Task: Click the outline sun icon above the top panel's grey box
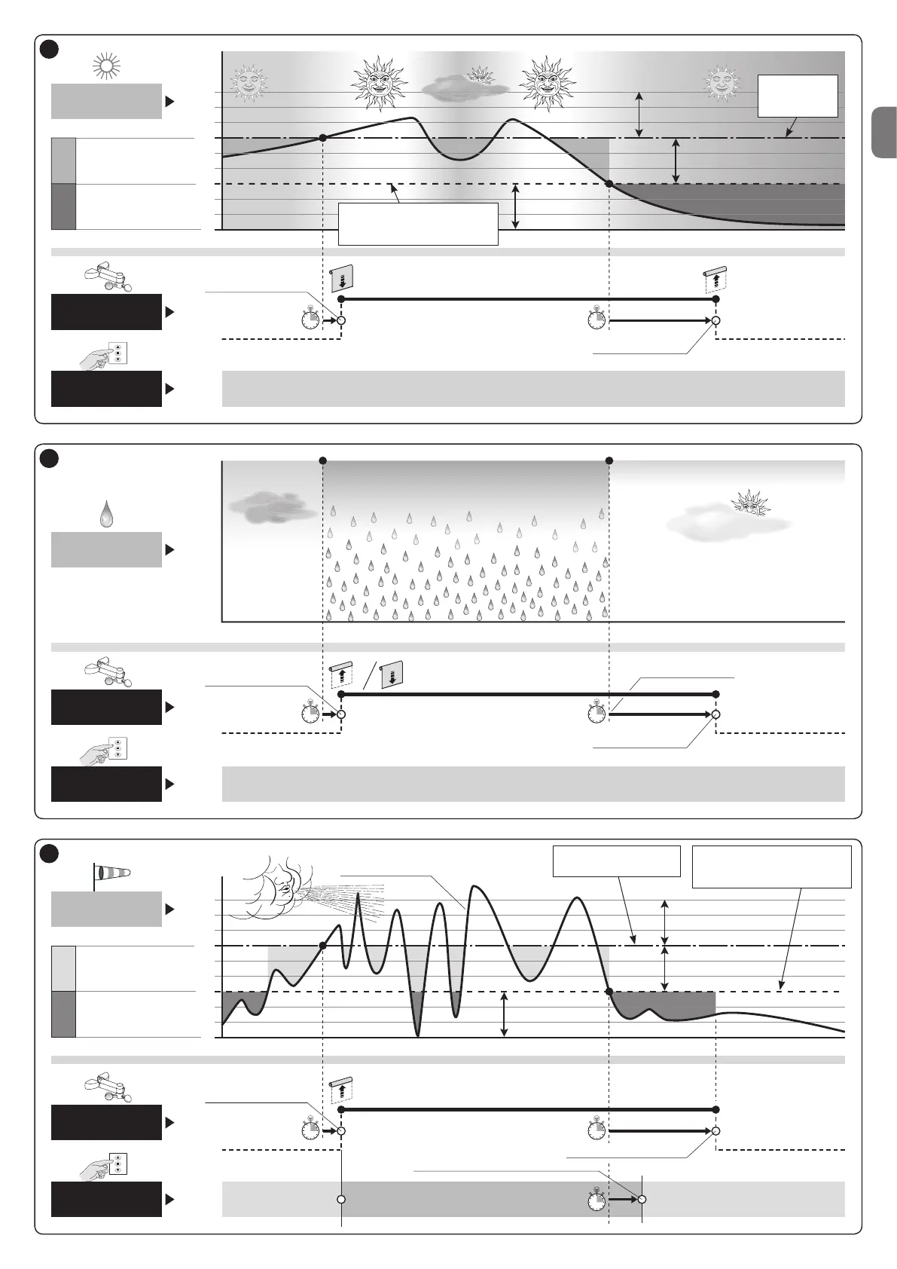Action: (x=106, y=67)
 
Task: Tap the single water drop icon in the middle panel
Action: (x=106, y=516)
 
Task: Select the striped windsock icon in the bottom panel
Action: (x=111, y=873)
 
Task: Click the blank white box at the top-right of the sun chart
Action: (x=797, y=96)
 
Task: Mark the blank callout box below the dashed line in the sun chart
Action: (x=418, y=223)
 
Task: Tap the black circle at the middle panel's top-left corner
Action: (x=49, y=458)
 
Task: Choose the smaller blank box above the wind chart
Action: (x=616, y=861)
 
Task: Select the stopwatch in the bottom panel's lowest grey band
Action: (x=596, y=1198)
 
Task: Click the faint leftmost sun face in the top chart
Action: (x=248, y=82)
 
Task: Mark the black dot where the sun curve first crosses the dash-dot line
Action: (x=323, y=138)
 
